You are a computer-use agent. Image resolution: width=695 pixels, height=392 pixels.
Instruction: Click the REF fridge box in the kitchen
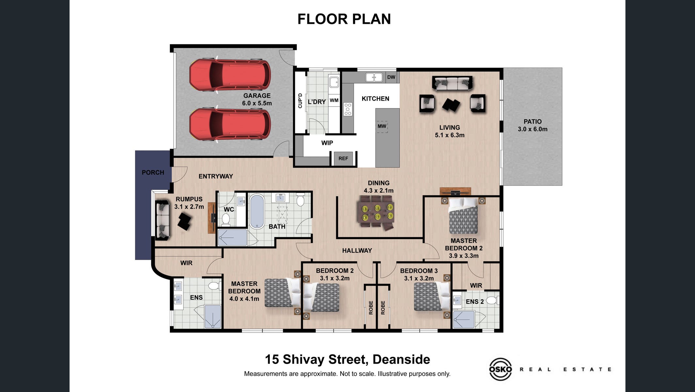click(343, 158)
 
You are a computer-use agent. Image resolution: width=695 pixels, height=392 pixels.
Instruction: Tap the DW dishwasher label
click(391, 77)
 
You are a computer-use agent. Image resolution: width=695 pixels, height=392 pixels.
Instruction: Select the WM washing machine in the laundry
click(334, 100)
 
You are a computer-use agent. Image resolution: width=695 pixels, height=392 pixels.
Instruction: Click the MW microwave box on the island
click(382, 126)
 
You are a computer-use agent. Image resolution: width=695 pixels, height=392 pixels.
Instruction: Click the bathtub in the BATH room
click(256, 211)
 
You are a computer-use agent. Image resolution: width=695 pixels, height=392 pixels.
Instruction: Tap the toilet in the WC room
click(226, 219)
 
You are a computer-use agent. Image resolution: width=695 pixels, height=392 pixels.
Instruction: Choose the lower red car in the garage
click(230, 124)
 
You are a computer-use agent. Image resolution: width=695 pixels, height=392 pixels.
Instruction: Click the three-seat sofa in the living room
click(452, 83)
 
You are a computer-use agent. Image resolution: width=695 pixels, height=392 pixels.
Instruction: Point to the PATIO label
click(533, 122)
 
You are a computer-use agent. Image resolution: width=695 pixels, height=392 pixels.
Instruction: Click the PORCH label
click(153, 172)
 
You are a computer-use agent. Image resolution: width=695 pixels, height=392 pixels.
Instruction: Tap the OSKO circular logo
click(500, 369)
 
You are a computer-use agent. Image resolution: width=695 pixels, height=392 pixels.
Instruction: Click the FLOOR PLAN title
click(344, 19)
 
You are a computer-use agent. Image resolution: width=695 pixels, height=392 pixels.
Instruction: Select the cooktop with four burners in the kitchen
click(348, 109)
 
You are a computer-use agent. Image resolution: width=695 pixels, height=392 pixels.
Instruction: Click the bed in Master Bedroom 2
click(463, 215)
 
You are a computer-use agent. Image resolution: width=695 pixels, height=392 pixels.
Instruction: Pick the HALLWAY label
click(357, 251)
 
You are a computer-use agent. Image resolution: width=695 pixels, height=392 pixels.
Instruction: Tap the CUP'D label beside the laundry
click(300, 101)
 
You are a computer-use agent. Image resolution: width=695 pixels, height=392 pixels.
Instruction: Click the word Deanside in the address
click(401, 359)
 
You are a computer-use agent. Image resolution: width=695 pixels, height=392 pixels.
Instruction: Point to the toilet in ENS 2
click(493, 300)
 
